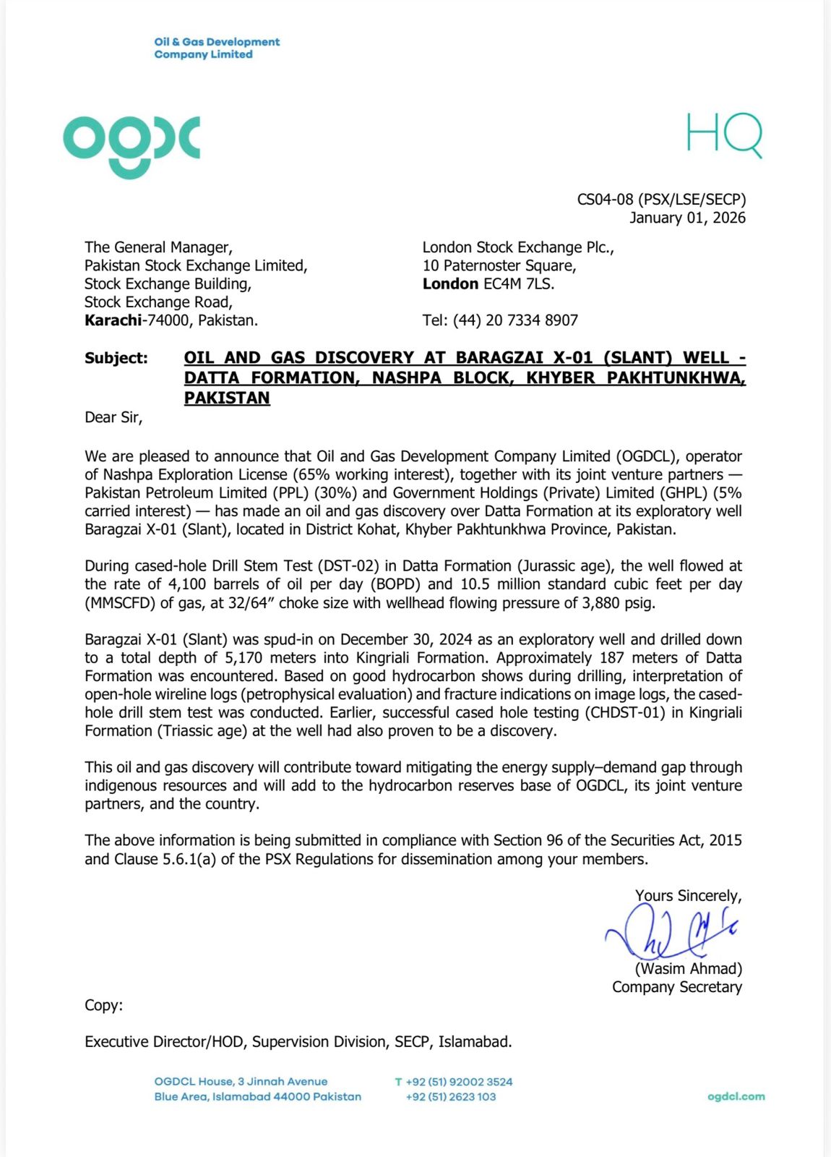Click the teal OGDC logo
(132, 145)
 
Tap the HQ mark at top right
(723, 135)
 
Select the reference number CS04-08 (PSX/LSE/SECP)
(661, 200)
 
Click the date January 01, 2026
(687, 218)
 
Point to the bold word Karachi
(113, 320)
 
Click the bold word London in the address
(450, 283)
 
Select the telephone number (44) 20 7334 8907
(515, 320)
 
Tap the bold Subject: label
(116, 358)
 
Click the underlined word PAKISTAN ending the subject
(227, 398)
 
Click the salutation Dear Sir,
(113, 417)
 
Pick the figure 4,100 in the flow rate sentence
(187, 584)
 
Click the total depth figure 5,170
(247, 657)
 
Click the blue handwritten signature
(668, 933)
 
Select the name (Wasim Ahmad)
(688, 969)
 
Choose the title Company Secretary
(676, 987)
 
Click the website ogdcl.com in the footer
(736, 1096)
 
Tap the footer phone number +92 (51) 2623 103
(451, 1097)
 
